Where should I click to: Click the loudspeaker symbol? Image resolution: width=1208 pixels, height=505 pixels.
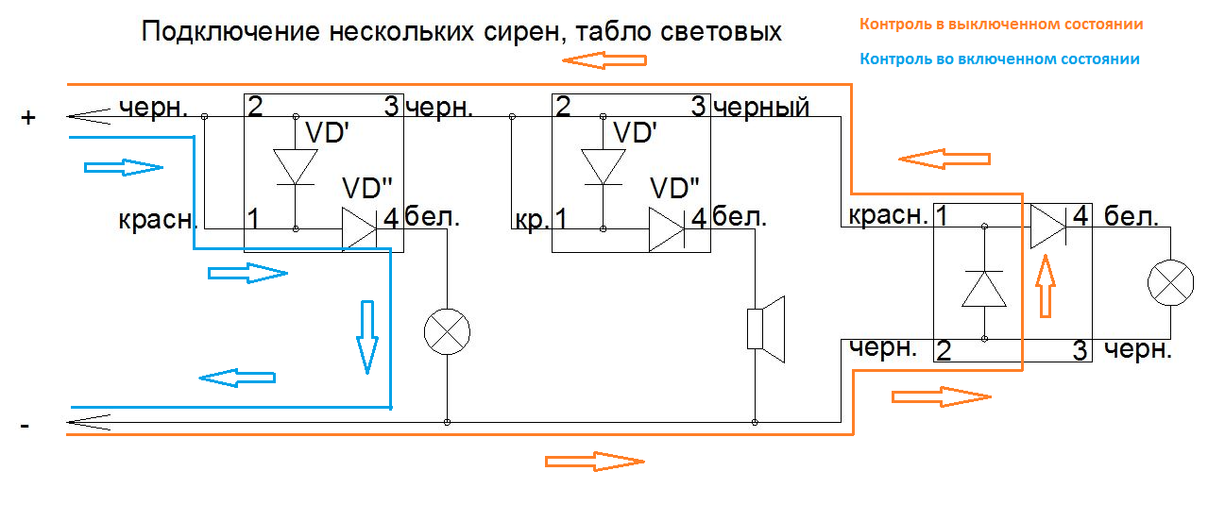click(766, 328)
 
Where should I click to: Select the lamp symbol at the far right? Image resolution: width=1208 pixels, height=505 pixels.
click(1169, 283)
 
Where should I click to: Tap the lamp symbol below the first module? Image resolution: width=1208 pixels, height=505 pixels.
click(447, 330)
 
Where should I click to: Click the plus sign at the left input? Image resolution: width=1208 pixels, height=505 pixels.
click(28, 118)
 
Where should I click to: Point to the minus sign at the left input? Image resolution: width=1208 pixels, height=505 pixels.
click(26, 427)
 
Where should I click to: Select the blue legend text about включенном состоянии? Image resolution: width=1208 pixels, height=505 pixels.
click(999, 59)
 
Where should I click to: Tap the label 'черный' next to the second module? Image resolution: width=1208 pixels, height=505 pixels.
click(761, 107)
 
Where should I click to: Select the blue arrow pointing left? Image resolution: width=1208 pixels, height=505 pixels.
click(237, 378)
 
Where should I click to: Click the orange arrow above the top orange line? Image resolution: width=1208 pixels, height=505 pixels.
click(604, 60)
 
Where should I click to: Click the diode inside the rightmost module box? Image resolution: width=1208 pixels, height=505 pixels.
click(984, 288)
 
